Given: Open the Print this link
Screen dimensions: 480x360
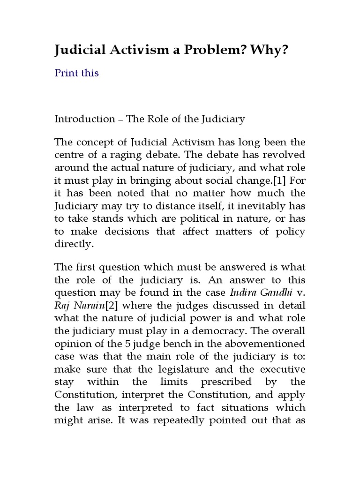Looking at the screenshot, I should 77,73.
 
